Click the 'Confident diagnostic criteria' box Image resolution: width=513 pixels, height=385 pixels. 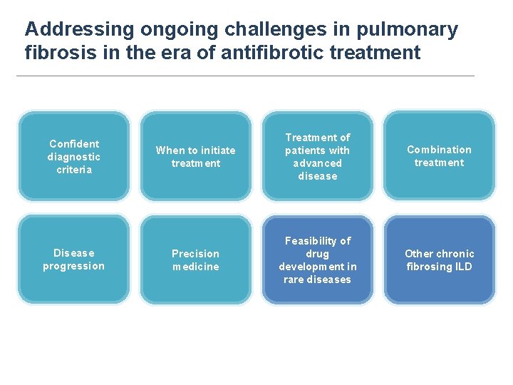tap(74, 156)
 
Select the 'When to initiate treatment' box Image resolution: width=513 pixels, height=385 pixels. tap(196, 156)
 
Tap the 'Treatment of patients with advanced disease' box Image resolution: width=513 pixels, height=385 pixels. tap(317, 156)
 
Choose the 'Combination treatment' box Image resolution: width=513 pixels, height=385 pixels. tap(439, 156)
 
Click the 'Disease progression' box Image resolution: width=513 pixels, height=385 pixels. tap(74, 260)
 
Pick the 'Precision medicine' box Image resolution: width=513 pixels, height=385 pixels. tap(196, 260)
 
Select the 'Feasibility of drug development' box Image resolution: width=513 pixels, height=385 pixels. tap(317, 260)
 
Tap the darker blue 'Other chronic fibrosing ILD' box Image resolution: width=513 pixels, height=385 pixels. tap(439, 260)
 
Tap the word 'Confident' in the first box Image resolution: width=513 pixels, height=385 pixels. tap(74, 144)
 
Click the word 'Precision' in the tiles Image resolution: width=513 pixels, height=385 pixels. tap(196, 254)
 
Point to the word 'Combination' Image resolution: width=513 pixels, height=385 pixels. tap(439, 150)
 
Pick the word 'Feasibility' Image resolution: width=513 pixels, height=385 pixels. tap(318, 241)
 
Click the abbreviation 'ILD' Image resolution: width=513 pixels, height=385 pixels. tap(463, 267)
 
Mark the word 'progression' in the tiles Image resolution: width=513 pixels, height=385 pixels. tap(74, 267)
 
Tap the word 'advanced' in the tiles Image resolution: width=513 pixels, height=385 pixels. tap(318, 163)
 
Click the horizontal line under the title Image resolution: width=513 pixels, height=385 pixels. tap(245, 76)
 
